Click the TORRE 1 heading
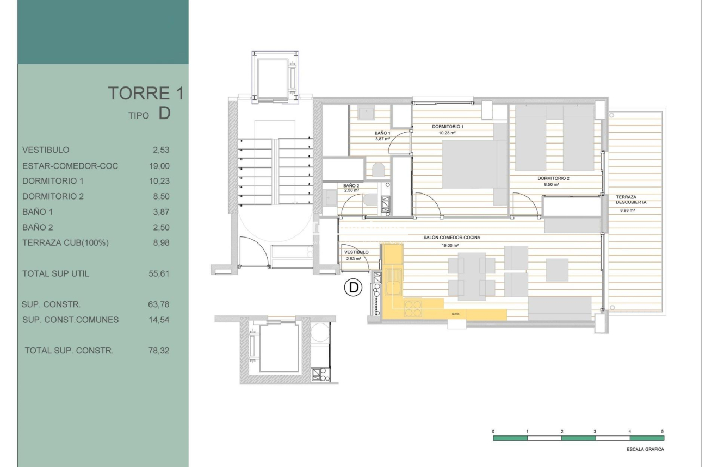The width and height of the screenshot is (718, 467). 145,94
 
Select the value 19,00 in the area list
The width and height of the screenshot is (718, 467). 159,165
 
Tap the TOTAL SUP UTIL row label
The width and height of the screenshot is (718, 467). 55,274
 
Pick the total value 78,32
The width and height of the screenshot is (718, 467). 159,351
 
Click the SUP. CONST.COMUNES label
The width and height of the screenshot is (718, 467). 70,320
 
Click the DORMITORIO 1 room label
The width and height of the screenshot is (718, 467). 447,126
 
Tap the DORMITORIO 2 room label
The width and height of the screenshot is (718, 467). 553,178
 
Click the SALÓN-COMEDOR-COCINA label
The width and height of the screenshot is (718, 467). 455,237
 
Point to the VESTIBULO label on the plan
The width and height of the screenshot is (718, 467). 357,252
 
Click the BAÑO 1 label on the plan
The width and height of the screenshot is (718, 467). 382,133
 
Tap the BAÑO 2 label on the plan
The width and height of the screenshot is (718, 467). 351,185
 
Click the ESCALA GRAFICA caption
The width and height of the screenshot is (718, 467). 645,450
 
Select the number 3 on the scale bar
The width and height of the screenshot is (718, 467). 595,431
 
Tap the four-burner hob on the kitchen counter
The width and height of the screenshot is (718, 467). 413,308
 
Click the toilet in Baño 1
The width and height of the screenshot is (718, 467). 379,170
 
